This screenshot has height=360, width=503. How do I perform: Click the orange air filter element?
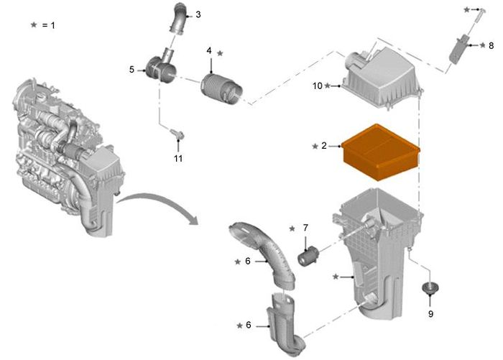[380, 152]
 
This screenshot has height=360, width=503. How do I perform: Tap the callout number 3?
[198, 14]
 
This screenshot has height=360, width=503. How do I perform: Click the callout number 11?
[178, 158]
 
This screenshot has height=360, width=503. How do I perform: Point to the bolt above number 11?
[177, 134]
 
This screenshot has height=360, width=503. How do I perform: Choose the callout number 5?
[131, 69]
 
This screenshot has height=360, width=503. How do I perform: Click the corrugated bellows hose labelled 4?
[221, 89]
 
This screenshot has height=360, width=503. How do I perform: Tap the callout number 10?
[318, 86]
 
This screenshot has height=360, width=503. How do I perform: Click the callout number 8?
[491, 45]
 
